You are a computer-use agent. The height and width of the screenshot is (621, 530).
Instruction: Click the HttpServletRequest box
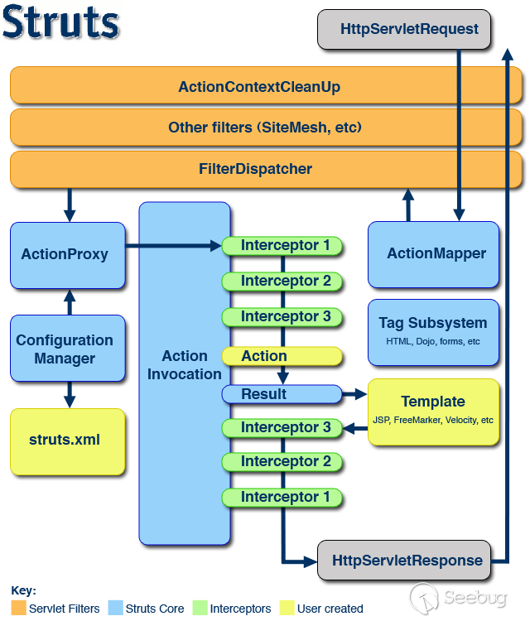click(x=404, y=29)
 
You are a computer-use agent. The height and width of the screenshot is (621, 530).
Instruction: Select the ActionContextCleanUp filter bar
click(x=266, y=85)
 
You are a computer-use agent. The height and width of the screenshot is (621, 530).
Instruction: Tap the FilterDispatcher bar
click(x=266, y=169)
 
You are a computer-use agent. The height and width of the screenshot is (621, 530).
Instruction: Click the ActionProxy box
click(x=68, y=255)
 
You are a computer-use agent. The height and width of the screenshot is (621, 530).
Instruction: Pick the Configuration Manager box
click(x=68, y=348)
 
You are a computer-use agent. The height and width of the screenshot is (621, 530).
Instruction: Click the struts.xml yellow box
click(x=68, y=441)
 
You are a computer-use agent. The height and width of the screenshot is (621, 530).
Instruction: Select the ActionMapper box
click(x=433, y=254)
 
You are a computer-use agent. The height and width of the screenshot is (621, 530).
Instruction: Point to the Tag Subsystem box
click(x=433, y=332)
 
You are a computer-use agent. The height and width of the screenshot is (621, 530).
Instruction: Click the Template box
click(x=433, y=412)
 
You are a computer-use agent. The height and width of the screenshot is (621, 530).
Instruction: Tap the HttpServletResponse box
click(x=404, y=560)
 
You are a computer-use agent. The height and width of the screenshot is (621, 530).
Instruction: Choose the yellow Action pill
click(x=282, y=356)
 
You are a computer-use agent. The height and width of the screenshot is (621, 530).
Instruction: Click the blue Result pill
click(x=282, y=394)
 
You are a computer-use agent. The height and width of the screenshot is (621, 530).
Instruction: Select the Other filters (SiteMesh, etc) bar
click(x=266, y=128)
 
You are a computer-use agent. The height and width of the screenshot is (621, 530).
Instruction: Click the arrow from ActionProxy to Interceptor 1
click(x=173, y=246)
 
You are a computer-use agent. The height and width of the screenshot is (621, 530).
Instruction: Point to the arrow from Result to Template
click(x=354, y=394)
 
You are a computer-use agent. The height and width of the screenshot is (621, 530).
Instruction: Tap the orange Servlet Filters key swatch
click(x=18, y=608)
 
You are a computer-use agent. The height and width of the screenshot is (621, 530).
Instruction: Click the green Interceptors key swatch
click(x=200, y=608)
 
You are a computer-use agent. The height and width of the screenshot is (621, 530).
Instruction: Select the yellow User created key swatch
click(x=287, y=608)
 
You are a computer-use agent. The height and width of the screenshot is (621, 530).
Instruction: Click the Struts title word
click(x=60, y=22)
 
